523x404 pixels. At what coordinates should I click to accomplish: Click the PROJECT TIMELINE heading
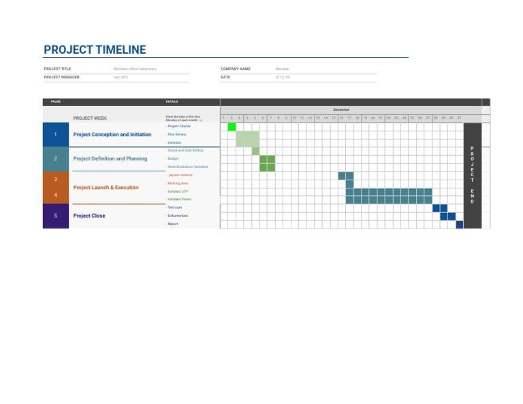pyautogui.click(x=95, y=50)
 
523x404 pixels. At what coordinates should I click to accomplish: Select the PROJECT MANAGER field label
pyautogui.click(x=61, y=78)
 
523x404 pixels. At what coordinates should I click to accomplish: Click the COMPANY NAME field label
pyautogui.click(x=236, y=69)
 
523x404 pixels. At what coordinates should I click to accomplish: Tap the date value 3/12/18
pyautogui.click(x=283, y=78)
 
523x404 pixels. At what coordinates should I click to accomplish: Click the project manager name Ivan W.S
pyautogui.click(x=121, y=78)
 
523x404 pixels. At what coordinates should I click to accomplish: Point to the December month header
pyautogui.click(x=341, y=110)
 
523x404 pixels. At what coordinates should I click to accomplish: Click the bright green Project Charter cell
pyautogui.click(x=232, y=127)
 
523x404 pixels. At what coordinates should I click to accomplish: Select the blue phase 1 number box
pyautogui.click(x=55, y=135)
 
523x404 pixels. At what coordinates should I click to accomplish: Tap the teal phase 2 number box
pyautogui.click(x=55, y=158)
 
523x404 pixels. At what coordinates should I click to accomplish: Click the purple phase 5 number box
pyautogui.click(x=55, y=216)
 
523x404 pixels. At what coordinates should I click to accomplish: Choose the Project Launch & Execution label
pyautogui.click(x=106, y=187)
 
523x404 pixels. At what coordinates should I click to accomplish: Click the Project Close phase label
pyautogui.click(x=89, y=216)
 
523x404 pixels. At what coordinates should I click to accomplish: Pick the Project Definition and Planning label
pyautogui.click(x=110, y=158)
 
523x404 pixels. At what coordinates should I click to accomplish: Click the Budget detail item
pyautogui.click(x=173, y=158)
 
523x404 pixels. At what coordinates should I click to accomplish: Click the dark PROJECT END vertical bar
pyautogui.click(x=472, y=175)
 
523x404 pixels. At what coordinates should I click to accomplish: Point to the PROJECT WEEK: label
pyautogui.click(x=90, y=118)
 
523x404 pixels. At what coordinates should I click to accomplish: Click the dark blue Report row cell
pyautogui.click(x=460, y=224)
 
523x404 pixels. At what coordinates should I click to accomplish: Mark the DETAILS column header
pyautogui.click(x=172, y=102)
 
